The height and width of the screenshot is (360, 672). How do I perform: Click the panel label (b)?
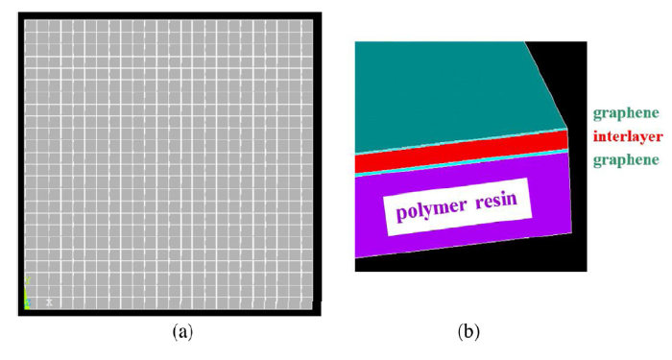(x=469, y=332)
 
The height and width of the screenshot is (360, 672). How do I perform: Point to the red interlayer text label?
(x=628, y=136)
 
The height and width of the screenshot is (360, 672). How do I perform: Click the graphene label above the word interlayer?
(x=626, y=113)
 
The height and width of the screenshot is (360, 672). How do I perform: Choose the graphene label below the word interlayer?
(x=626, y=159)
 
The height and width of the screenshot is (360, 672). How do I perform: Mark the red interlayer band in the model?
(x=461, y=151)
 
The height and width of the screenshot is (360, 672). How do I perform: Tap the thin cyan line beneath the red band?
(x=461, y=162)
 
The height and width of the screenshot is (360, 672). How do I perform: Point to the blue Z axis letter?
(x=28, y=304)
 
